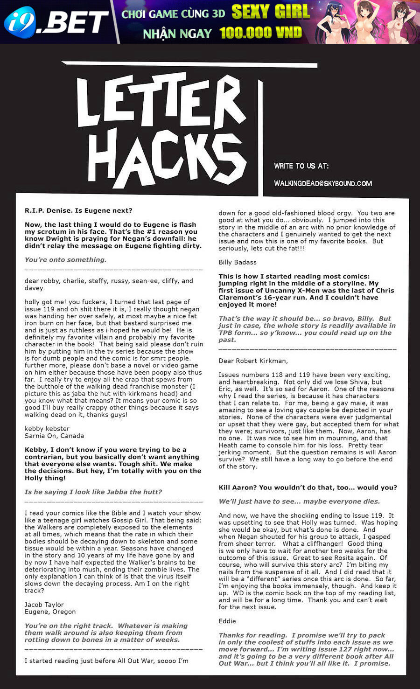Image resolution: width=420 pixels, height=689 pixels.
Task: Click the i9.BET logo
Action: click(x=56, y=21)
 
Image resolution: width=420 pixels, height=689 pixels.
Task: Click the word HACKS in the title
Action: click(x=166, y=156)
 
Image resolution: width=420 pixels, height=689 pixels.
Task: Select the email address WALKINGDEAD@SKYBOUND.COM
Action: click(x=323, y=183)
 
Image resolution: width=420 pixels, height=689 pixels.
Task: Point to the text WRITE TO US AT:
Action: click(x=301, y=166)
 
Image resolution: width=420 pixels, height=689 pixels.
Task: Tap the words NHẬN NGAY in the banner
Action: click(x=177, y=34)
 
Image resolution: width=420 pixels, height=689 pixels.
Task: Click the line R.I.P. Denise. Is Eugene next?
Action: click(x=78, y=210)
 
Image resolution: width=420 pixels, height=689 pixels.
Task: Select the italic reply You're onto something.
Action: click(x=65, y=260)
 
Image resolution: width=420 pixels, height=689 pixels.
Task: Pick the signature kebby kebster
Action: click(x=47, y=429)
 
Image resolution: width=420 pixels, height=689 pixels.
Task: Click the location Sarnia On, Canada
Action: click(x=54, y=436)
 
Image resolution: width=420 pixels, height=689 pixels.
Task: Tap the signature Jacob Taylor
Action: click(x=44, y=605)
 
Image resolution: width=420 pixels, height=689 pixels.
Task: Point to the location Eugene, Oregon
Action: click(x=50, y=612)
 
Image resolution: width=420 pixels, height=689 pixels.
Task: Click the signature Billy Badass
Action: click(x=238, y=262)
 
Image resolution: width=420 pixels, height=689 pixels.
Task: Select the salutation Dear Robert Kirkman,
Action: click(x=253, y=361)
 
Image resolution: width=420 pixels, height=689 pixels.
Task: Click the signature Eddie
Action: click(x=227, y=621)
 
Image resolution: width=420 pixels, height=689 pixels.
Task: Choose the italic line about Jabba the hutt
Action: click(x=93, y=492)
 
